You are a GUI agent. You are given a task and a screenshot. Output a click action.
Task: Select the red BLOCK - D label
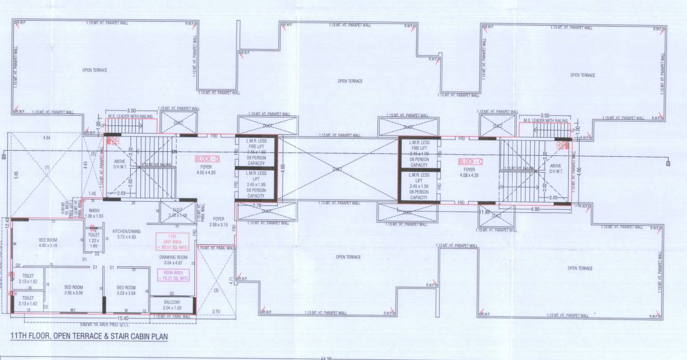pyautogui.click(x=207, y=159)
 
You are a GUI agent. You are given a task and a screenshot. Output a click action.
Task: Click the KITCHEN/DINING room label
pyautogui.click(x=126, y=234)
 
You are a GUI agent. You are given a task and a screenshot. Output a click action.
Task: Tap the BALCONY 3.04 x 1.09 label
pyautogui.click(x=173, y=305)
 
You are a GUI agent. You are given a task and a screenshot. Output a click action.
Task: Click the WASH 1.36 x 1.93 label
pyautogui.click(x=94, y=213)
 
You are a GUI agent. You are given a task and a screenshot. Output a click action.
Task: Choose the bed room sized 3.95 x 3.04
pyautogui.click(x=74, y=290)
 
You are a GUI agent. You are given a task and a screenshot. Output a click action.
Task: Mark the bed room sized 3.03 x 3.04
pyautogui.click(x=126, y=290)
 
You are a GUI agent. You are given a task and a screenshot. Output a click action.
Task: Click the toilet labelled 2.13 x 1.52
pyautogui.click(x=28, y=278)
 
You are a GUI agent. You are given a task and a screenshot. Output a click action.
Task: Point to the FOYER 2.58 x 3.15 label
pyautogui.click(x=219, y=222)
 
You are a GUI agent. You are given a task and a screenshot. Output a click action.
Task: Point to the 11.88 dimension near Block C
pyautogui.click(x=484, y=211)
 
